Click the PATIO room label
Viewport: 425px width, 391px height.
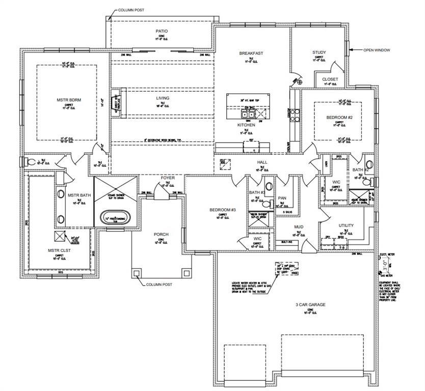point(162,31)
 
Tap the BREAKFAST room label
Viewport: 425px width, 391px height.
point(251,53)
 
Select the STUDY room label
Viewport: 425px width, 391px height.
point(319,52)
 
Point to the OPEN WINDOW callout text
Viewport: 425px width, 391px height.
point(377,50)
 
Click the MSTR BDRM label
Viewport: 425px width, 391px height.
point(69,100)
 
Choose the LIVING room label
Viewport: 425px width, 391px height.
point(163,98)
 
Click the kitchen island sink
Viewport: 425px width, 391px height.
point(249,114)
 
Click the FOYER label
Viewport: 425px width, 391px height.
point(168,178)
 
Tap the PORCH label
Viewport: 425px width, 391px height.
point(161,235)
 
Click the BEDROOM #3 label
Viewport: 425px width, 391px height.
point(223,210)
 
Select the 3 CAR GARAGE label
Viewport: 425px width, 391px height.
point(309,305)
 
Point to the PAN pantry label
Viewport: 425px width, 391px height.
point(282,198)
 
